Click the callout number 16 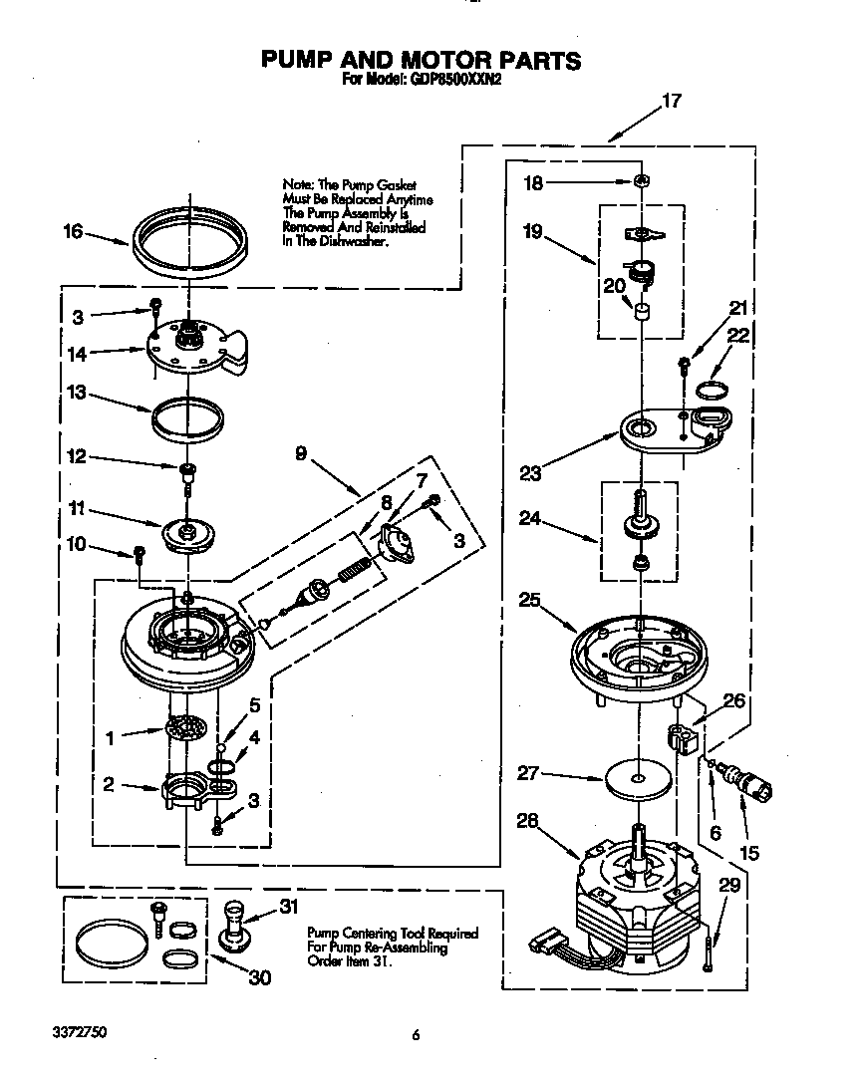pos(72,231)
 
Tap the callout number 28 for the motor pos(528,820)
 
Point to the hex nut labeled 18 pos(643,182)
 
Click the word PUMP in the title pos(301,61)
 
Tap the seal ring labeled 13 pos(186,418)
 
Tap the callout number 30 pos(259,978)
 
